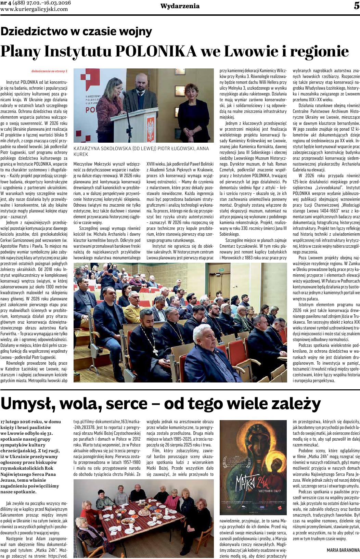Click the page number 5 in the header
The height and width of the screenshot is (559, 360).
coord(356,6)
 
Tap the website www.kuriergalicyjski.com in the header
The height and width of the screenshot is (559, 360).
coord(34,9)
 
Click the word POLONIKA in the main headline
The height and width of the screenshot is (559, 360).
coord(156,51)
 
